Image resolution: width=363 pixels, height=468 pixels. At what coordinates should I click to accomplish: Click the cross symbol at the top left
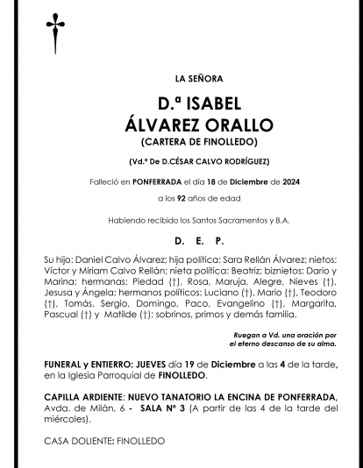pyautogui.click(x=51, y=33)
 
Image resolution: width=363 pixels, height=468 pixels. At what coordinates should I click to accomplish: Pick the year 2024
pyautogui.click(x=266, y=181)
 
